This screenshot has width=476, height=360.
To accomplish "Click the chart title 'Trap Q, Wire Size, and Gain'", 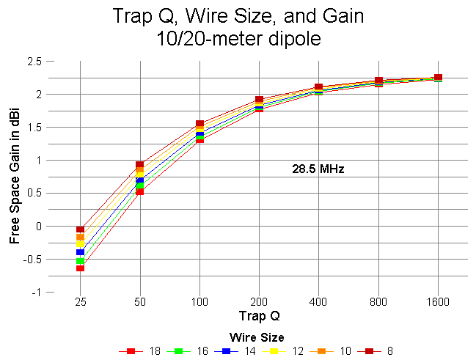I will (x=238, y=16).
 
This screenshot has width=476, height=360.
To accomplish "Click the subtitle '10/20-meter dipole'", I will (x=238, y=39).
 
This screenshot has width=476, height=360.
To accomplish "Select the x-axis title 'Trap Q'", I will (x=258, y=317).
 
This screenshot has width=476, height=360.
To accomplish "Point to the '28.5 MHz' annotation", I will (x=318, y=169).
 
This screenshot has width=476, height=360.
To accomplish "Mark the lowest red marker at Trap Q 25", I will (x=80, y=268).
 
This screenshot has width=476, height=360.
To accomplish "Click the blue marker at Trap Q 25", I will (x=80, y=252).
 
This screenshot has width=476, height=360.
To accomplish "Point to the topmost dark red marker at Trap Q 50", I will (x=139, y=165).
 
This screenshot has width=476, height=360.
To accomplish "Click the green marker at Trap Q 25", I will (x=80, y=261).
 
